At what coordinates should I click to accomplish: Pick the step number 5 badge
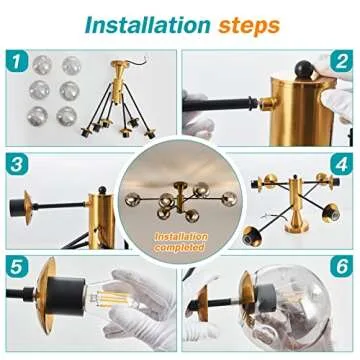[17, 268]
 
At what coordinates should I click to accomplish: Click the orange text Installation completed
[181, 240]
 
